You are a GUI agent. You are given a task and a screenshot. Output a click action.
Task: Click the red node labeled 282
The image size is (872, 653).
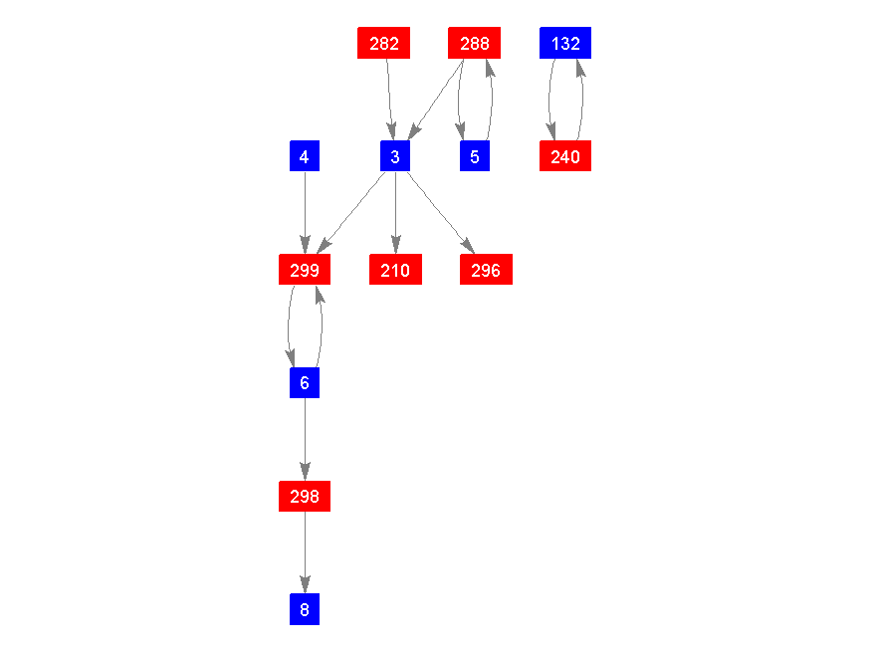(x=384, y=43)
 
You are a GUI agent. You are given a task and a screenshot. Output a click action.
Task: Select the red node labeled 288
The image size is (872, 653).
(x=475, y=43)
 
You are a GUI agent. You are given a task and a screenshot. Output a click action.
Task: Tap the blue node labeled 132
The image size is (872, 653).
(x=565, y=43)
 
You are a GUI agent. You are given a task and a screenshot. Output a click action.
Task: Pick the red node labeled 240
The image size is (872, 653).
(x=565, y=156)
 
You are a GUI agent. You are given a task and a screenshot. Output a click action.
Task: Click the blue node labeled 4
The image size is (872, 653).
(x=305, y=156)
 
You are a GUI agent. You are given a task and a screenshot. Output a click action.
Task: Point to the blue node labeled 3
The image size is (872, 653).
(x=395, y=156)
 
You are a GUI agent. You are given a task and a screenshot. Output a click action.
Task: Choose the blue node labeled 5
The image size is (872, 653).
(x=475, y=156)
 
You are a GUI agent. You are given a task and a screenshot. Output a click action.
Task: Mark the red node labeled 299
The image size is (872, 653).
(x=305, y=270)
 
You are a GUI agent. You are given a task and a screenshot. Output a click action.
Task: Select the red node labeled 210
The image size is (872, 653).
(x=395, y=270)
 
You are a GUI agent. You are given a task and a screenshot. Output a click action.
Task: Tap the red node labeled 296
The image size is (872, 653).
(x=486, y=270)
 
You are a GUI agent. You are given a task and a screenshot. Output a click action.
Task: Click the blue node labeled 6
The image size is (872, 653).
(x=305, y=382)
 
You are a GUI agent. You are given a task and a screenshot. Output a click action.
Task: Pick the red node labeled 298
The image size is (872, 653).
(x=305, y=496)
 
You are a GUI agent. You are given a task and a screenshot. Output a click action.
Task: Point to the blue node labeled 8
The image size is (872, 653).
(x=305, y=609)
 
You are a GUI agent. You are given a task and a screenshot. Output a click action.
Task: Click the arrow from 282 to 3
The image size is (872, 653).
(x=389, y=100)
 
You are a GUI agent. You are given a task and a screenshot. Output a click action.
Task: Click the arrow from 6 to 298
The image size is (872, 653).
(x=305, y=439)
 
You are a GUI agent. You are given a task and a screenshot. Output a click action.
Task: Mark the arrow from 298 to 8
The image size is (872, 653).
(x=305, y=552)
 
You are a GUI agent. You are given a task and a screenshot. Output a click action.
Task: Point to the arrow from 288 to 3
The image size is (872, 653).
(x=436, y=99)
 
